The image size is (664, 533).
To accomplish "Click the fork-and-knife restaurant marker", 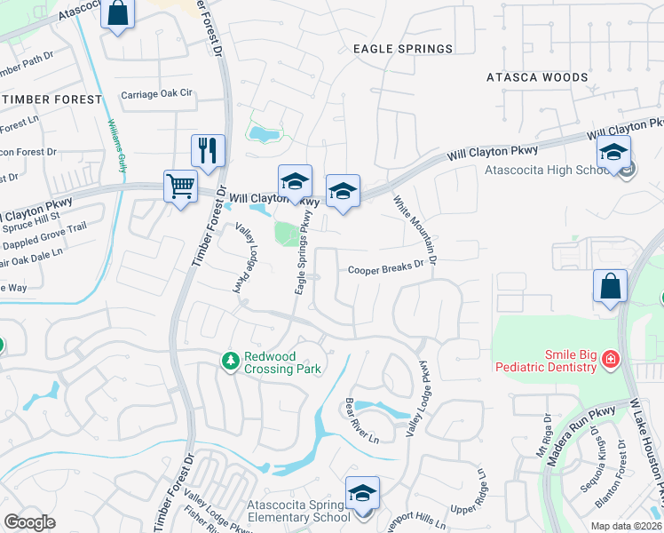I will point(208,150).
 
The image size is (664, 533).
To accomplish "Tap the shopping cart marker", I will point(180,187).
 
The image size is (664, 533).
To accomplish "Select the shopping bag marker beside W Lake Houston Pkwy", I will point(610,286).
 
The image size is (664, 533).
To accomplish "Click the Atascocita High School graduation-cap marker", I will point(613,152).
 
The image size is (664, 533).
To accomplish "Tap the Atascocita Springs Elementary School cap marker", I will point(362,493).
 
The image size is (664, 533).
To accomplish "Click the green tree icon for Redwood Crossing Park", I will point(231,360).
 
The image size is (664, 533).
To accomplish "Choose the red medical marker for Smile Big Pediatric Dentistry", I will point(610,360).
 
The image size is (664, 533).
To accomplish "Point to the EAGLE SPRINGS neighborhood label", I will point(402,49).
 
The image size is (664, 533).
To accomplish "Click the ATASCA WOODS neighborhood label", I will point(537,77).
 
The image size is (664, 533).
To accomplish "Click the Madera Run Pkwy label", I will point(589,425).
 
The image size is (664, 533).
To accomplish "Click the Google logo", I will point(30,521).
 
